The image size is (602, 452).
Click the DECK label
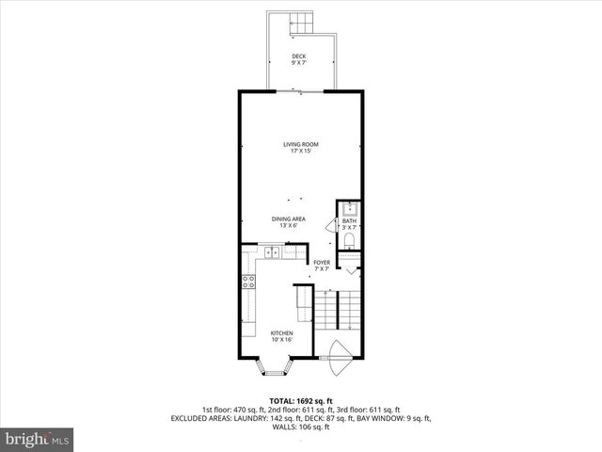tap(299, 56)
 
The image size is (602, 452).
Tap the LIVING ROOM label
tap(301, 144)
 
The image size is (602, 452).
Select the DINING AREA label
tap(289, 218)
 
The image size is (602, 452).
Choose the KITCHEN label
tap(282, 332)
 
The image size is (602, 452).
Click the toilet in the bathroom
tap(349, 241)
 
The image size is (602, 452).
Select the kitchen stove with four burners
tap(250, 281)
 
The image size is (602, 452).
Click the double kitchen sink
tap(274, 251)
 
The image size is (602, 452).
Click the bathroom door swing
tap(331, 226)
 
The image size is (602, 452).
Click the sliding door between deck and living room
tap(301, 90)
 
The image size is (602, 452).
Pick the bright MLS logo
tap(38, 440)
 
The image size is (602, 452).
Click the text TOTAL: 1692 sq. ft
tap(301, 400)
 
